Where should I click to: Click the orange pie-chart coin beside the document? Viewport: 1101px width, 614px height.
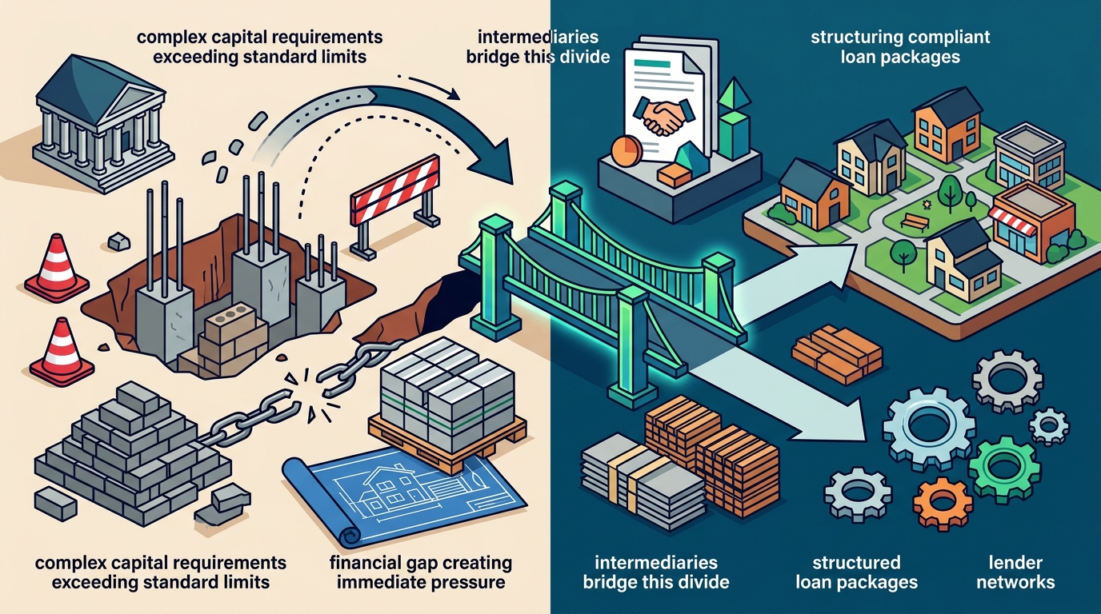625,149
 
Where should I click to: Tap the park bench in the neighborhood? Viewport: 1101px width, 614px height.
915,221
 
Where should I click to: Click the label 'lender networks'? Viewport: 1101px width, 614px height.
1015,572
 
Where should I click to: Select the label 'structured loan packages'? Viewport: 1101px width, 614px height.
856,572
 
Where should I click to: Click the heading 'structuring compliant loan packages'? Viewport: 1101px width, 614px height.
900,46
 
